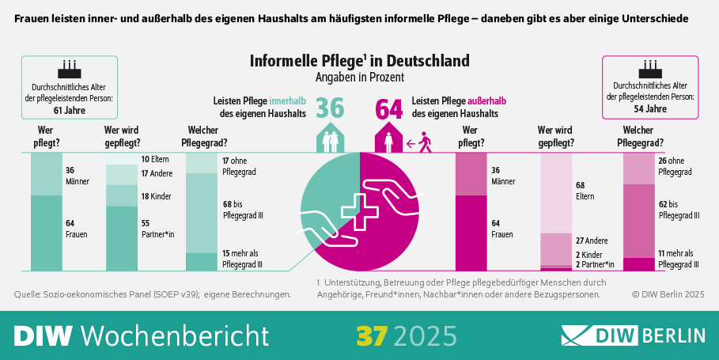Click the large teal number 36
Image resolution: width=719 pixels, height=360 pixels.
330,108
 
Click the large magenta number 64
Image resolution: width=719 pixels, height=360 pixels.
388,108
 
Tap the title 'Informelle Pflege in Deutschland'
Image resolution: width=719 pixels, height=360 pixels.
359,61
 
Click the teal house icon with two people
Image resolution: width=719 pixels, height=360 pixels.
330,139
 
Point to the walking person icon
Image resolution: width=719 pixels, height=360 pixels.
425,142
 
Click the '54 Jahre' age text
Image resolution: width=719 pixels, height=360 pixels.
650,108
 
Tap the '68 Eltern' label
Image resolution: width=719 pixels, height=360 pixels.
586,191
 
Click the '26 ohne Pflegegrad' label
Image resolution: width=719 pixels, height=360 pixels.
675,165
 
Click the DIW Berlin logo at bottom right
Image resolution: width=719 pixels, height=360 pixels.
633,335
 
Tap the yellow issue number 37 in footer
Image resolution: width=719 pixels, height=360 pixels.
370,335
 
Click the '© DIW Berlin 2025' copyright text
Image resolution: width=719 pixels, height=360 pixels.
668,294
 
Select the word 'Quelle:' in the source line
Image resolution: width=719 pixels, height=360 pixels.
28,294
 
